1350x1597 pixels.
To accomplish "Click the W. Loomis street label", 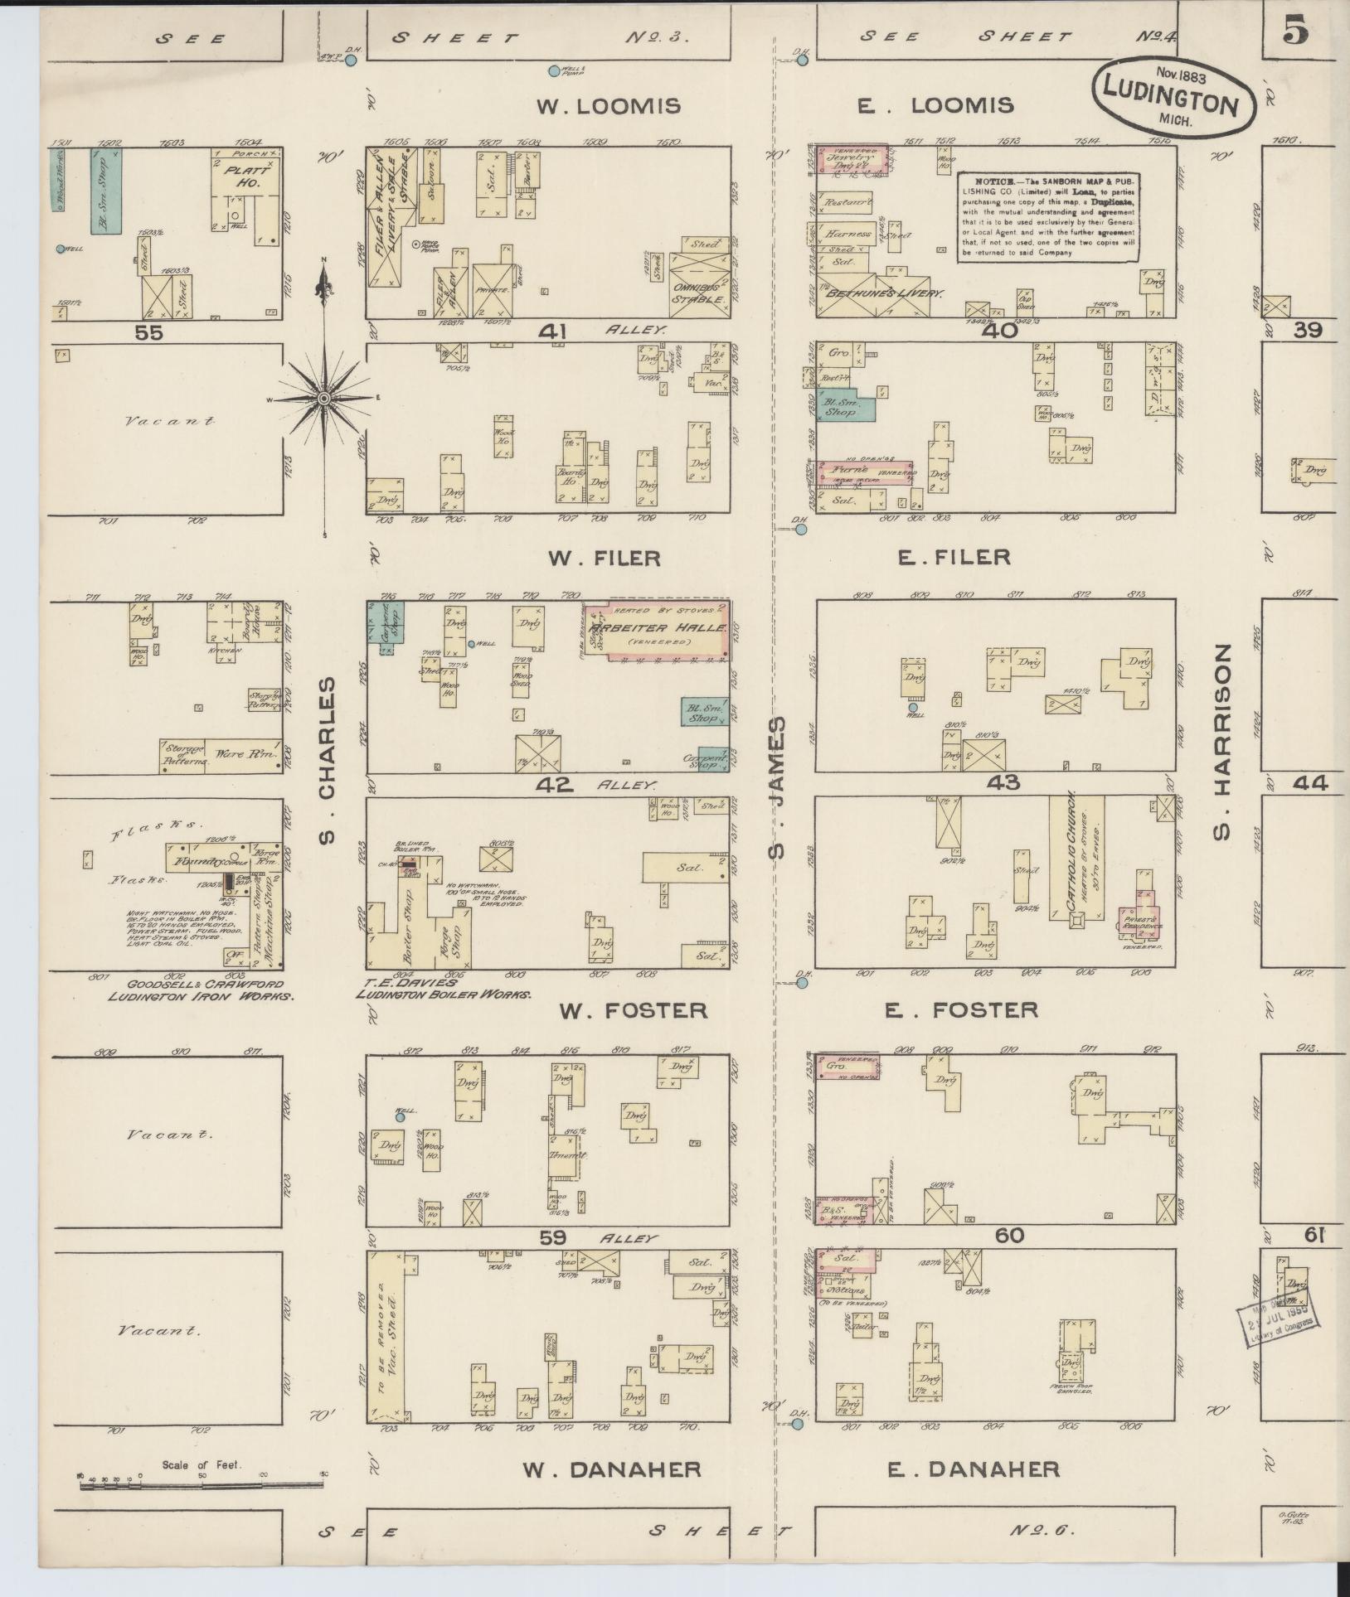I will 609,106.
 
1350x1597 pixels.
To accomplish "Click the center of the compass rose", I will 324,399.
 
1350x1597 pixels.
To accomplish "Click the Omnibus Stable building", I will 699,286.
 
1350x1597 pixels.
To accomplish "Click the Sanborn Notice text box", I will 1048,217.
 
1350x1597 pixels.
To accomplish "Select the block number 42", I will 554,784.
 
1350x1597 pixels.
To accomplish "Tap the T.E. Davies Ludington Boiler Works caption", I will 443,989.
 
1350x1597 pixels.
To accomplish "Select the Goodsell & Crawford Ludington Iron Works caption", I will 201,990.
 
